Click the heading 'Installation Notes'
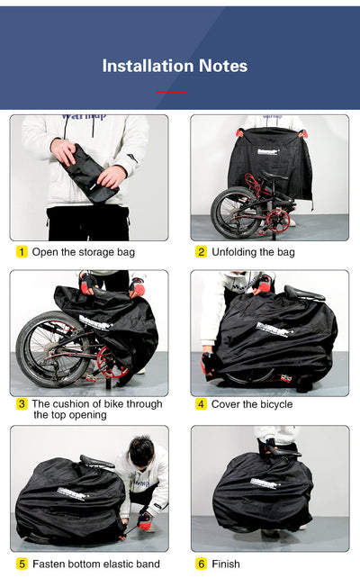tap(175, 66)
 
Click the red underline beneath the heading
tap(172, 92)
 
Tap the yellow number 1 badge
tap(22, 252)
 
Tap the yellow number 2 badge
tap(202, 252)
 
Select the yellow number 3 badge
tap(22, 404)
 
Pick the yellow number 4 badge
tap(202, 404)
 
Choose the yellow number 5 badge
tap(22, 564)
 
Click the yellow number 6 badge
tap(202, 564)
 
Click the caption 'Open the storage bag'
tap(83, 252)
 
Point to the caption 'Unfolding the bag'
tap(255, 252)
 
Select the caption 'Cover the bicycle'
tap(252, 404)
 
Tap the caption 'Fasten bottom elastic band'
tap(97, 564)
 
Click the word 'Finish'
tap(226, 564)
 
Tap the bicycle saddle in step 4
tap(303, 294)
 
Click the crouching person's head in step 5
tap(140, 451)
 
